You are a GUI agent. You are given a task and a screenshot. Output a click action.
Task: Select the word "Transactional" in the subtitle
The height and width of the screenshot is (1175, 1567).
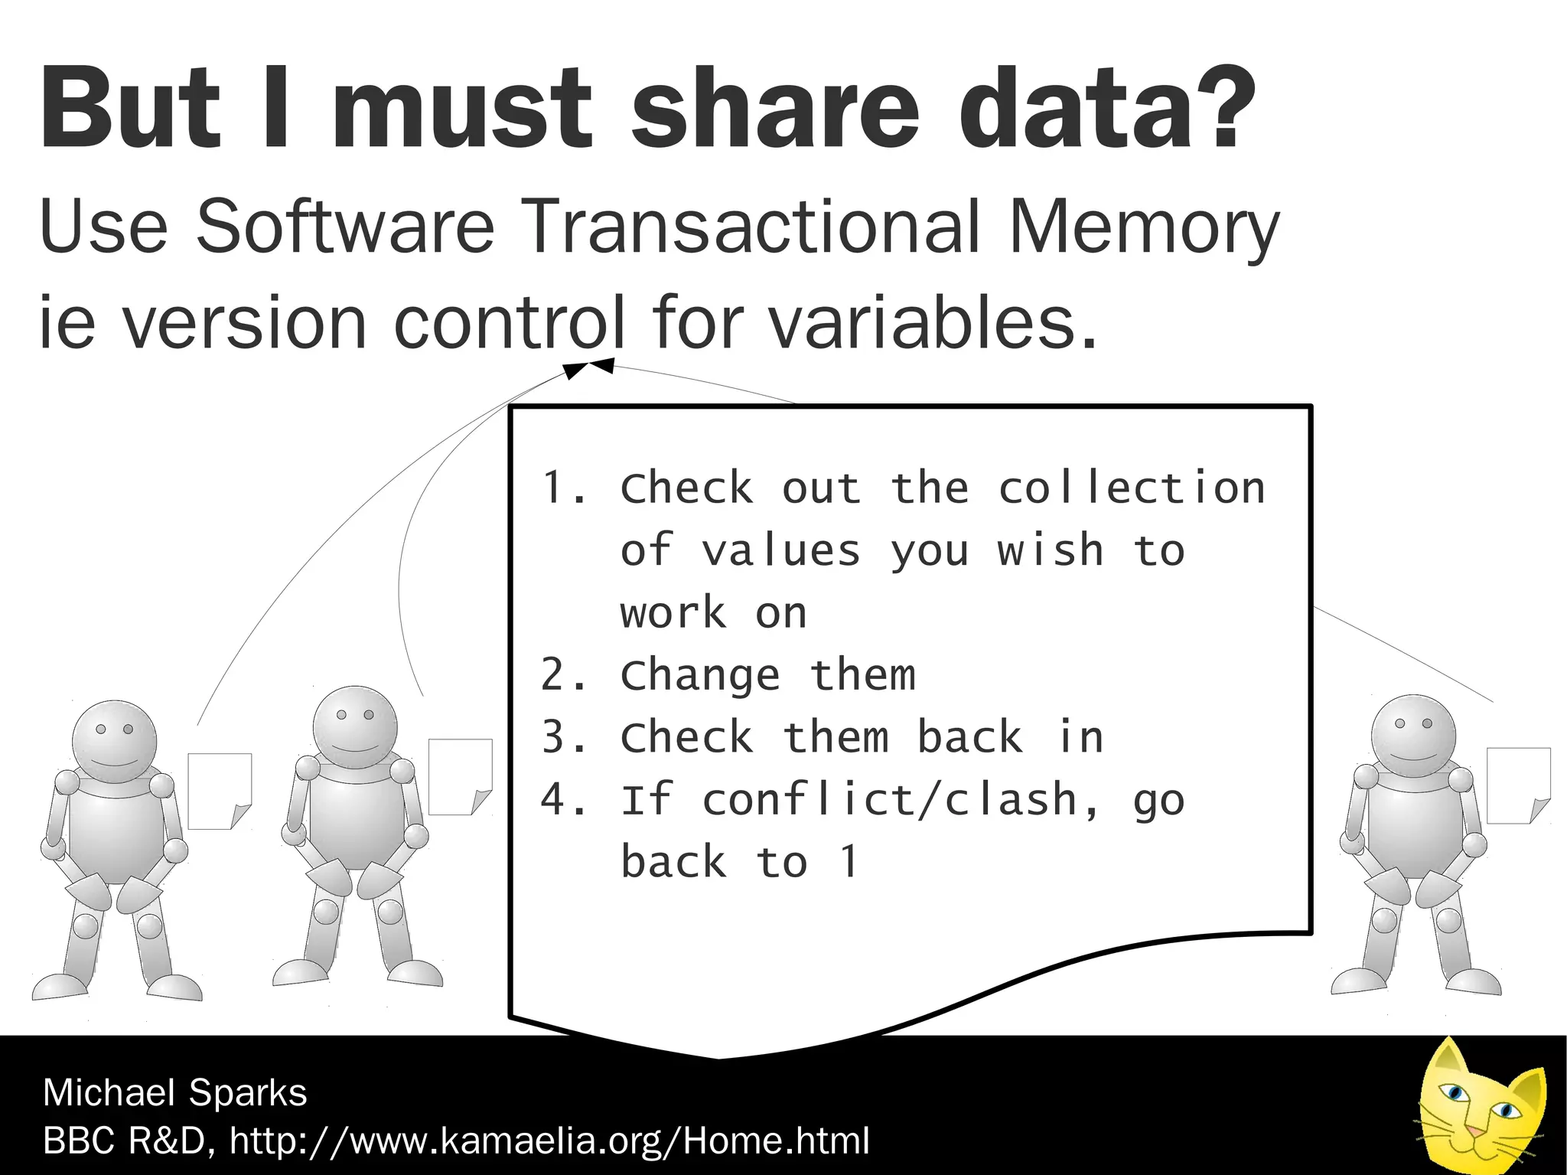click(754, 227)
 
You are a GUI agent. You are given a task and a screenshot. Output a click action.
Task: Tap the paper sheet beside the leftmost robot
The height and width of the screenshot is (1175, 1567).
click(219, 791)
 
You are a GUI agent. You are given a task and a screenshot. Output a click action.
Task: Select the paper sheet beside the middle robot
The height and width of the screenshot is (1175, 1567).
click(459, 776)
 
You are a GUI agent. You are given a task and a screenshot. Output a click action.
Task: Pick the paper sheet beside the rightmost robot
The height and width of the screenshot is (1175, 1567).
click(1518, 785)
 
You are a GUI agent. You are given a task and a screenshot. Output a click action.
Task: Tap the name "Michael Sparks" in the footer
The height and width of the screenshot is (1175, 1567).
click(175, 1092)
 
